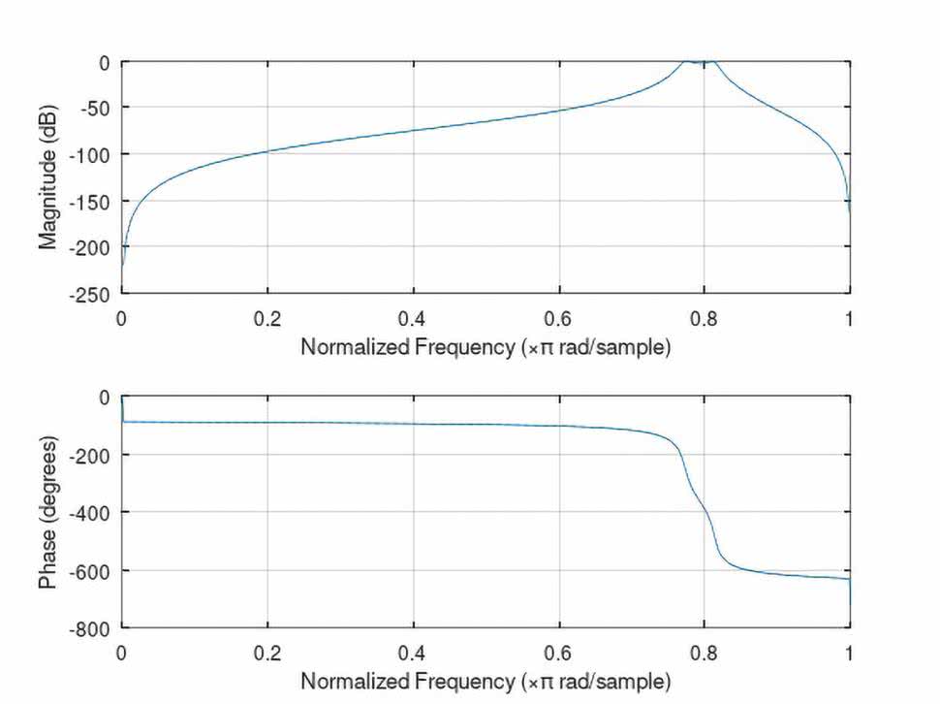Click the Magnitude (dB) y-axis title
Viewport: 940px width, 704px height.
click(x=48, y=177)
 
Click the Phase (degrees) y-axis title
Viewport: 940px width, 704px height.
click(x=48, y=512)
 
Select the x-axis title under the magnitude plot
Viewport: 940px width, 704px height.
click(x=485, y=347)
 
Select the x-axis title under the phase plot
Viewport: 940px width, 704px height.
click(x=485, y=682)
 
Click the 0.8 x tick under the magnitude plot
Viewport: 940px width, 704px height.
click(x=705, y=316)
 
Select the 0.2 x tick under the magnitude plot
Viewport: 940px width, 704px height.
click(x=267, y=316)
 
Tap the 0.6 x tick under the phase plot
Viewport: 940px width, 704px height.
click(x=559, y=652)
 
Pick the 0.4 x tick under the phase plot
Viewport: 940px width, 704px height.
click(x=414, y=652)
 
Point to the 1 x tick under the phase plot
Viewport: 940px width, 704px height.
click(x=850, y=652)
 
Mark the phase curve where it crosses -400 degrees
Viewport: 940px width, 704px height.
click(x=705, y=511)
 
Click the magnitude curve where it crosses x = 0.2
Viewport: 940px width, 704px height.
click(x=267, y=151)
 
